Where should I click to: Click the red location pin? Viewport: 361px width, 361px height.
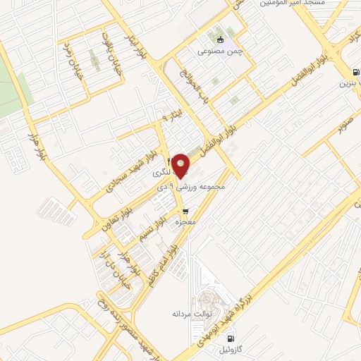[x=180, y=165]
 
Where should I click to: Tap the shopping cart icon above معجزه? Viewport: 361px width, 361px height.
[x=185, y=210]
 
